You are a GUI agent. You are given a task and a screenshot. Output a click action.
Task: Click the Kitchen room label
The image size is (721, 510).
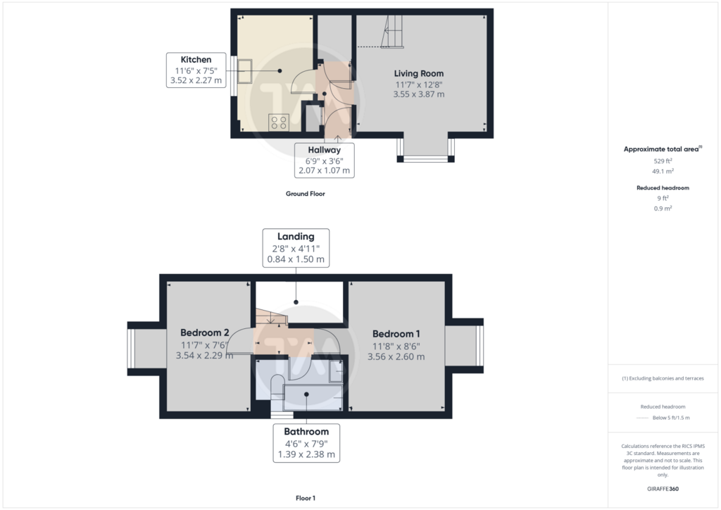[x=196, y=60]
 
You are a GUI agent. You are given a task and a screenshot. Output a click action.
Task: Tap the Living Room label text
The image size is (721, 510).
[x=418, y=73]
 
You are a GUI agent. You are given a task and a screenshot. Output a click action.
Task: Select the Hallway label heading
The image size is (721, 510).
[x=324, y=150]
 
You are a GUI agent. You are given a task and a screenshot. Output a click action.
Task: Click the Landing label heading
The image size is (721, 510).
[x=296, y=237]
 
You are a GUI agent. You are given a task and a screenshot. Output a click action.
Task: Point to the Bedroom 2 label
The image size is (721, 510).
[x=205, y=332]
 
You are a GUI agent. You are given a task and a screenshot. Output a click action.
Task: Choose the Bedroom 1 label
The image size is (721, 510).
[x=396, y=334]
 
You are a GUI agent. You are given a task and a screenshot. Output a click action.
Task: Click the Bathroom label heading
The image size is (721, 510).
[x=306, y=431]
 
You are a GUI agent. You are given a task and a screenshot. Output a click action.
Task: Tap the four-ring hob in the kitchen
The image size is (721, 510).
[x=279, y=123]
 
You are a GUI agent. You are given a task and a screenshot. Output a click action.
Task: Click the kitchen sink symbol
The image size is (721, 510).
[x=244, y=71]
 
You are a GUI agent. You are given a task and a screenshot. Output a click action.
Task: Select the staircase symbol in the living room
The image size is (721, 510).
[x=392, y=31]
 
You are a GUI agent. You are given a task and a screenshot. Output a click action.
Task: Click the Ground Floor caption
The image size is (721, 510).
[x=306, y=194]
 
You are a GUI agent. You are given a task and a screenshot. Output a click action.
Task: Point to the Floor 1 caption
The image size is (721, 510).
[x=306, y=498]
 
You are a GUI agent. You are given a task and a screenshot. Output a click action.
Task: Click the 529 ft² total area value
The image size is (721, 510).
[x=663, y=161]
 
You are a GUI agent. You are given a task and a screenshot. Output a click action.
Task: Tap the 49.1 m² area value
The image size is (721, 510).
[x=663, y=171]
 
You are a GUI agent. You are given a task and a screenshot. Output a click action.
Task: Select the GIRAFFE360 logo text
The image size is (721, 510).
[x=663, y=489]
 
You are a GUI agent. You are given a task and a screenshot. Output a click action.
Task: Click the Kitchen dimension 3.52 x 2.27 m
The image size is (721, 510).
[x=196, y=80]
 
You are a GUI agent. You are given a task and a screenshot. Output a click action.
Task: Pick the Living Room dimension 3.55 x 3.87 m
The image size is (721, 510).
[x=418, y=94]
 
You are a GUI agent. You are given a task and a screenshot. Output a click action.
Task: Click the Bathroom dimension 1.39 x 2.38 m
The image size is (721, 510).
[x=306, y=454]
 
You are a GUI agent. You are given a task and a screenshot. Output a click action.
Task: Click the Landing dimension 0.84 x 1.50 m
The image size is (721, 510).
[x=296, y=259]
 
